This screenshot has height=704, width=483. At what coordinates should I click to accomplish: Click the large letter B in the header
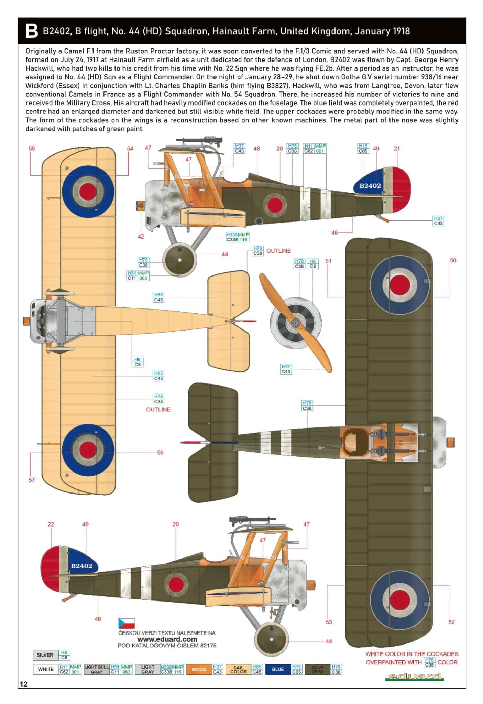click(31, 31)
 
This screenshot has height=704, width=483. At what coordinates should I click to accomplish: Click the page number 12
click(23, 684)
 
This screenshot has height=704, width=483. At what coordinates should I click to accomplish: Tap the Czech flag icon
click(126, 623)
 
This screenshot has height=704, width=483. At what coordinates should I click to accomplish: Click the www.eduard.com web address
click(167, 639)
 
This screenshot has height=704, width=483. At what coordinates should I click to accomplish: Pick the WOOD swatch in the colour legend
click(199, 669)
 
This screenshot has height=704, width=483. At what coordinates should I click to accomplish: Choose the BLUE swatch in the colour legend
click(278, 669)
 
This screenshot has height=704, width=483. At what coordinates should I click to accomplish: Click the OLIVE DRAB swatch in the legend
click(317, 669)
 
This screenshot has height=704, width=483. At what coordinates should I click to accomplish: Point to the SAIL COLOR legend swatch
click(238, 669)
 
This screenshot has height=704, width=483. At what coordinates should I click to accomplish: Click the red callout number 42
click(141, 237)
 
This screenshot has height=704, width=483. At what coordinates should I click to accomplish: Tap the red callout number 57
click(32, 480)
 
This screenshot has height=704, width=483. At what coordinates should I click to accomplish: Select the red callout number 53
click(329, 622)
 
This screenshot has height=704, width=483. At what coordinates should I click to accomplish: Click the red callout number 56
click(160, 453)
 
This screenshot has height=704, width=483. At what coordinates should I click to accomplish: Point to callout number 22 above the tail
click(51, 524)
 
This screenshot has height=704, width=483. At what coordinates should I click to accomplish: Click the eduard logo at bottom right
click(415, 677)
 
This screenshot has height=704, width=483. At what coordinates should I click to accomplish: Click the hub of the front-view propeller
click(295, 323)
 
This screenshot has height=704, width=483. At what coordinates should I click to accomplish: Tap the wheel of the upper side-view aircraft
click(179, 260)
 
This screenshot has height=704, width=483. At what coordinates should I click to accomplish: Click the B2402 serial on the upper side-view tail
click(370, 186)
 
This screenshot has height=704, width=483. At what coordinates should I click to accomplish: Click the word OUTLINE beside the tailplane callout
click(278, 251)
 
